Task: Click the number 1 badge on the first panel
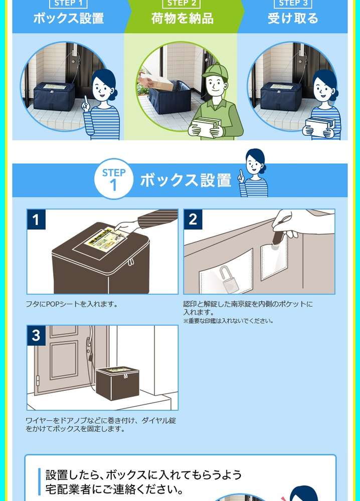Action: [x=36, y=219]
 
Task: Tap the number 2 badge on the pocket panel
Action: [x=193, y=219]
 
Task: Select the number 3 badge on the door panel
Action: [x=36, y=336]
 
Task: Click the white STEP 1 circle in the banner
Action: [x=114, y=179]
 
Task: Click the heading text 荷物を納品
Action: [x=183, y=18]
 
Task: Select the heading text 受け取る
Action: [x=293, y=18]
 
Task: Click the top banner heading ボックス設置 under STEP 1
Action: [x=69, y=18]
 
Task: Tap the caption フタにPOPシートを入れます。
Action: [x=72, y=304]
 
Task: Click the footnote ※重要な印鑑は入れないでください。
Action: [x=228, y=321]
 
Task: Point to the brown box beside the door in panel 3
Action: [x=117, y=383]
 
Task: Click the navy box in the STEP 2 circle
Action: [x=170, y=97]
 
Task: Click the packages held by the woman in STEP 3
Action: [x=320, y=127]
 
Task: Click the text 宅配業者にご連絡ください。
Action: [x=114, y=489]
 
